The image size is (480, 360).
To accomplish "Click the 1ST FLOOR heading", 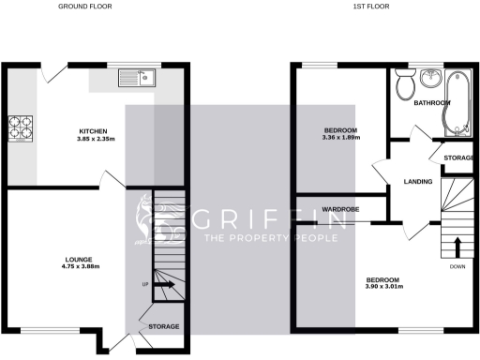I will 371,7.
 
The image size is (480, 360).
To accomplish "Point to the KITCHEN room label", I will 92,130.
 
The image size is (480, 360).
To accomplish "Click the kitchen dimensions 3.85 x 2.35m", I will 92,139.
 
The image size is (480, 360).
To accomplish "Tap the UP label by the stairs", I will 145,284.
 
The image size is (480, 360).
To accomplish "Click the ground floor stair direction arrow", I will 163,284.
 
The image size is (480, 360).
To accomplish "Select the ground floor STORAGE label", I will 164,326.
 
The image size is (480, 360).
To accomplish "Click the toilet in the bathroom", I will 407,85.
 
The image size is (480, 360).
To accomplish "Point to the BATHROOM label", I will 432,102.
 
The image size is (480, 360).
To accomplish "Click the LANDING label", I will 417,182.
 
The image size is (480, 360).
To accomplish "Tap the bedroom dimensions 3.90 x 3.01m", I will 383,287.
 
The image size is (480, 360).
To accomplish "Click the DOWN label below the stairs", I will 457,266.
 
